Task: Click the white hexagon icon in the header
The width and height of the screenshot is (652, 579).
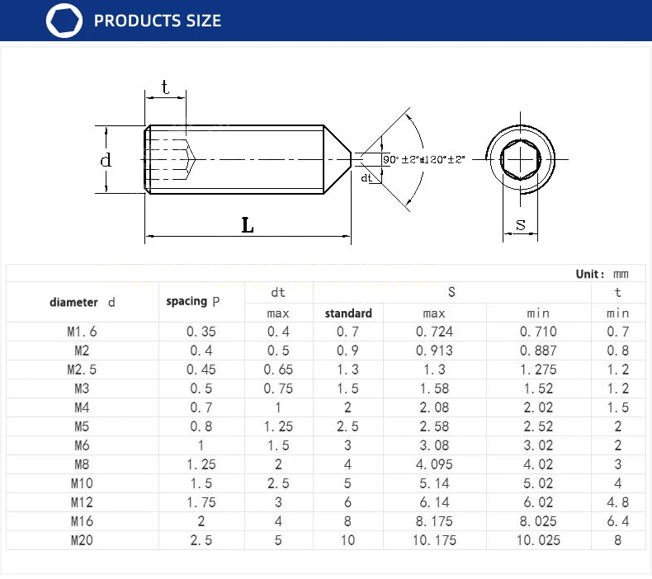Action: (64, 21)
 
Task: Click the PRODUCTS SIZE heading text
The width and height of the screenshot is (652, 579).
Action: (157, 21)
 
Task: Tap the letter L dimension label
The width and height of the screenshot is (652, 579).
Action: (248, 225)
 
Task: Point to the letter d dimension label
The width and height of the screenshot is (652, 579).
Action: (106, 160)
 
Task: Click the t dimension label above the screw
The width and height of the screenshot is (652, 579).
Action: (165, 87)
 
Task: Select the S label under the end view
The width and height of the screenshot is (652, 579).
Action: (521, 225)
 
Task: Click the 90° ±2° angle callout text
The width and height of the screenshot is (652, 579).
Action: (400, 160)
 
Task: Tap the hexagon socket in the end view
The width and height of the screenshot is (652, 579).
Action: (520, 160)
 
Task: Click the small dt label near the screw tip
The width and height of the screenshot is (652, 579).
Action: (366, 178)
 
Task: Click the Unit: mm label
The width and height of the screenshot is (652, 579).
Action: (602, 274)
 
